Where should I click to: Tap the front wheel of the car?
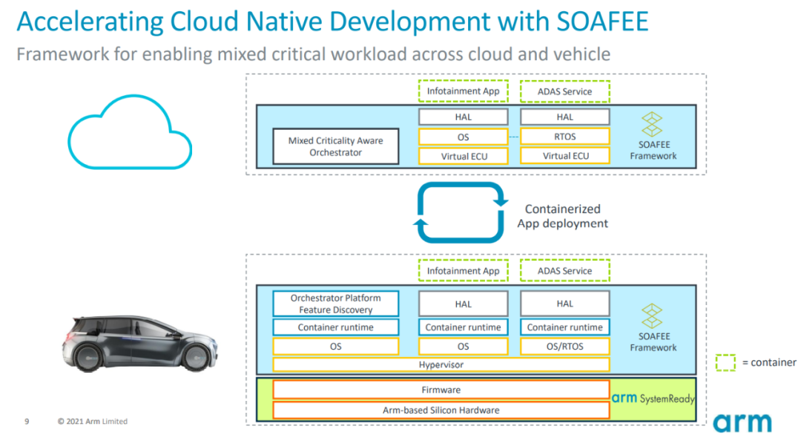197,357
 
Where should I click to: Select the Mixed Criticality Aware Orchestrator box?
336,146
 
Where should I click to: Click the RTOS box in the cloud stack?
565,137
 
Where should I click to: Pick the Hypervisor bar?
441,365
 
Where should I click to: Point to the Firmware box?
441,390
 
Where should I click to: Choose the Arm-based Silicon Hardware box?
441,411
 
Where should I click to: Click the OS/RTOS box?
565,347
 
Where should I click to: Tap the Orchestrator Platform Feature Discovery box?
336,304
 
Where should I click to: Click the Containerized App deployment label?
562,216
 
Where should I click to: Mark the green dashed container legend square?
725,363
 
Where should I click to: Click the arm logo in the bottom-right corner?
742,422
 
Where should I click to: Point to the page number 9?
27,422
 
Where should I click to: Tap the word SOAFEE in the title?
602,22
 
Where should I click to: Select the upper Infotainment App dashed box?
464,91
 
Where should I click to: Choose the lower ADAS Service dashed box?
565,271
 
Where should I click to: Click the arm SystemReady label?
653,398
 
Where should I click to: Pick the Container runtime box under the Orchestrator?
336,327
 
